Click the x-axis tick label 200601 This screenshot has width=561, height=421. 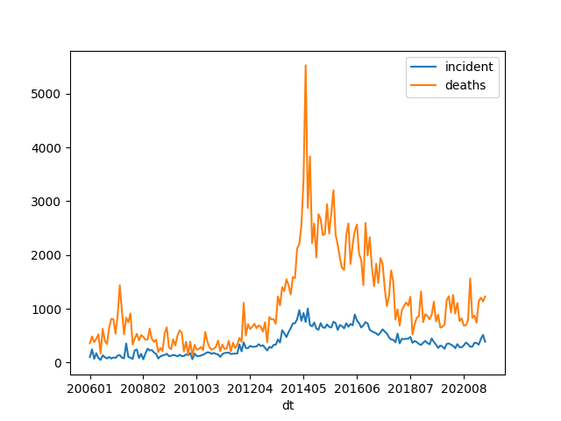[90, 388]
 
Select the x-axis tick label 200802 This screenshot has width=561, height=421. [144, 388]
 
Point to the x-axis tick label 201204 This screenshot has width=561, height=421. [250, 388]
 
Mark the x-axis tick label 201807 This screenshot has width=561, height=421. [409, 388]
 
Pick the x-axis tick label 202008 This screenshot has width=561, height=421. [463, 388]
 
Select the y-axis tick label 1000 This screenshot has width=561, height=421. [49, 310]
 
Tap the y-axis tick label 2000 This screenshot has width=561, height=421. [49, 255]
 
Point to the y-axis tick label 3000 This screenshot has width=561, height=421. [49, 202]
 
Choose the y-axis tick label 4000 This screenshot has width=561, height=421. [49, 148]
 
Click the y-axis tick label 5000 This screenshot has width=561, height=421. [49, 94]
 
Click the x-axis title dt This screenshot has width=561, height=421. [288, 405]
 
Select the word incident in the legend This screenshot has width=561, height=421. [469, 67]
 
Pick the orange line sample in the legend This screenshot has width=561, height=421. [424, 85]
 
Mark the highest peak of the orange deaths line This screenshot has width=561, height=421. [305, 65]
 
